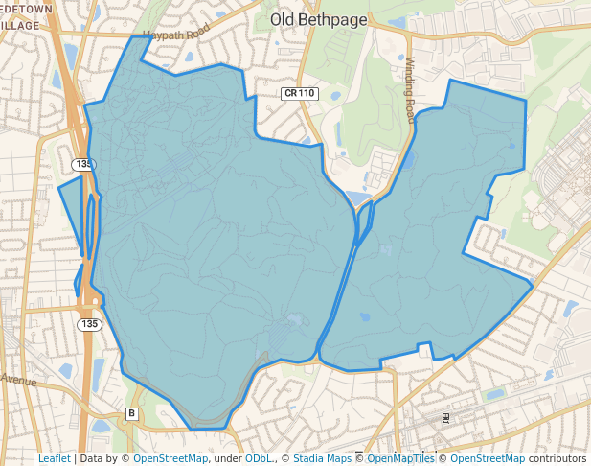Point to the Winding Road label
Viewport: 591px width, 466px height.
click(410, 89)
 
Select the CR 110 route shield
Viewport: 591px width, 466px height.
click(300, 93)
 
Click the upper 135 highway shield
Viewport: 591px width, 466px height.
click(83, 165)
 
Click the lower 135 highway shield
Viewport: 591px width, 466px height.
click(89, 324)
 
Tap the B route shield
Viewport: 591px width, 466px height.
click(132, 414)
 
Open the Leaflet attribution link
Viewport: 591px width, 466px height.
click(54, 458)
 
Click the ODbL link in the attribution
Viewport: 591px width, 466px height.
click(259, 458)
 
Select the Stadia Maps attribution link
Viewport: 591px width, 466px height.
click(322, 458)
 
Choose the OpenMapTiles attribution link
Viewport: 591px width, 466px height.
click(401, 458)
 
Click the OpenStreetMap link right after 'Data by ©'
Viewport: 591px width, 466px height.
click(170, 458)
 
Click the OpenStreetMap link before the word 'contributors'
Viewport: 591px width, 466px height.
click(488, 458)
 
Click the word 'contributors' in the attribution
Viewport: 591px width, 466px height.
click(557, 458)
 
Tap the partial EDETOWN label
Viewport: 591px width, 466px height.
click(26, 8)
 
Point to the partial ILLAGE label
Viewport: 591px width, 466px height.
click(20, 25)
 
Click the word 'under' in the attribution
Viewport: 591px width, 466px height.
click(227, 458)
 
